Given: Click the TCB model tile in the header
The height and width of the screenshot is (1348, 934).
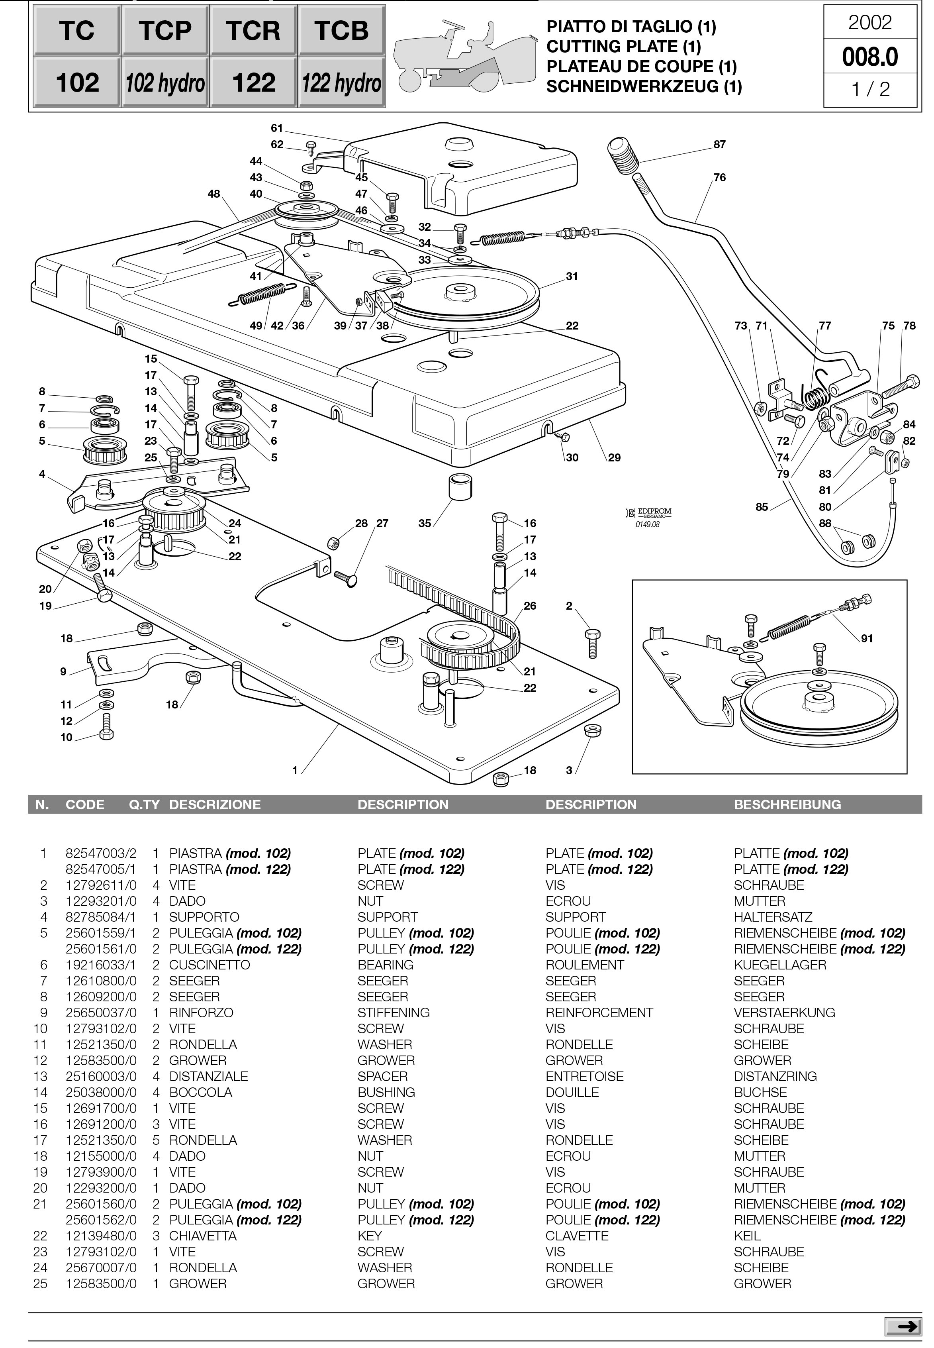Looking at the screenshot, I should [342, 30].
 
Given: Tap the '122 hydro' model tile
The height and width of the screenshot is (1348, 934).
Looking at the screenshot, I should [342, 82].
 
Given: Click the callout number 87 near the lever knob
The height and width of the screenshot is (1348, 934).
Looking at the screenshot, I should [719, 145].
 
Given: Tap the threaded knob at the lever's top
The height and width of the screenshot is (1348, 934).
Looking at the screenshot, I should [624, 153].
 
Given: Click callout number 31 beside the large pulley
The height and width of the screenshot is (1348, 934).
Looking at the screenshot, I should [572, 276].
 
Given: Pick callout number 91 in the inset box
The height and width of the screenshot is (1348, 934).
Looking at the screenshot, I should [867, 639].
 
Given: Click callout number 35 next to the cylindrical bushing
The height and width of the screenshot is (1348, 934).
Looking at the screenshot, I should [424, 523].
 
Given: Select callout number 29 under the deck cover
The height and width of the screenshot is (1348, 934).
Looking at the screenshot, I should [614, 458].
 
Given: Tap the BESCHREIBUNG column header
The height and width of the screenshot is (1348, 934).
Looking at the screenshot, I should [787, 805].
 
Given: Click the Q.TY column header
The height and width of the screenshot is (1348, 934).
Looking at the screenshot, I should [144, 805].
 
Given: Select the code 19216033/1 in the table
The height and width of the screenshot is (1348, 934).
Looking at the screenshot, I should [101, 965].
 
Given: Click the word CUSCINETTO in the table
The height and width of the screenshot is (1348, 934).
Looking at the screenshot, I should [210, 965].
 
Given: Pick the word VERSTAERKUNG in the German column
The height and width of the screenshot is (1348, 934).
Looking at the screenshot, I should [784, 1012].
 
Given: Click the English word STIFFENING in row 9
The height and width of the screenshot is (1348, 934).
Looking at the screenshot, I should [393, 1012].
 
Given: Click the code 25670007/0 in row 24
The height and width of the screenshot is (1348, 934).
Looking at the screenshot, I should [101, 1268].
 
